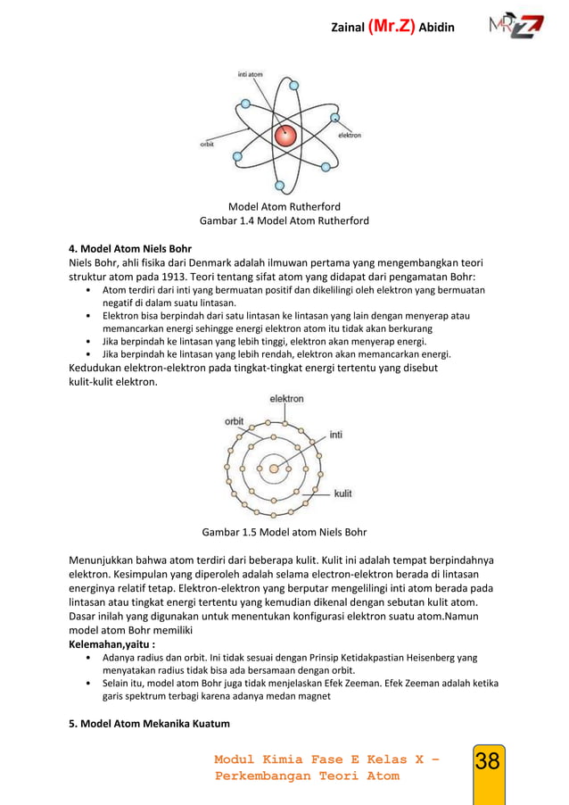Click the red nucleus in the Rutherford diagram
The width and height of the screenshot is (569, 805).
[285, 136]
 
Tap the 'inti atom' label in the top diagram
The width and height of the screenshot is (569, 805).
[250, 73]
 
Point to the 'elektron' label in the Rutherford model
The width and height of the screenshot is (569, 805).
[349, 136]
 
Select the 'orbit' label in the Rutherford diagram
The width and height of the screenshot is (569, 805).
[207, 144]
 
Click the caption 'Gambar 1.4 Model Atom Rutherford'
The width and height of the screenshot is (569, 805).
[284, 220]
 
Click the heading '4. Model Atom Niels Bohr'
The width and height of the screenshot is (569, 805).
[130, 248]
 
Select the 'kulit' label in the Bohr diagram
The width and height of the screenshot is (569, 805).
[342, 493]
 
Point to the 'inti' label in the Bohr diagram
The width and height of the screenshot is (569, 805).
[336, 436]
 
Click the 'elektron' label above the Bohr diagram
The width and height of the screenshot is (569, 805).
[286, 399]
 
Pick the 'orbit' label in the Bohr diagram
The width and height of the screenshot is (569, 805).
[234, 421]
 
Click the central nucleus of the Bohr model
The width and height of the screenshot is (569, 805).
[274, 468]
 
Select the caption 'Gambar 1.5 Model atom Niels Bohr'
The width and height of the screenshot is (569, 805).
[284, 533]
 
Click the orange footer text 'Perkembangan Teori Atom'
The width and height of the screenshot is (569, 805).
[308, 776]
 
